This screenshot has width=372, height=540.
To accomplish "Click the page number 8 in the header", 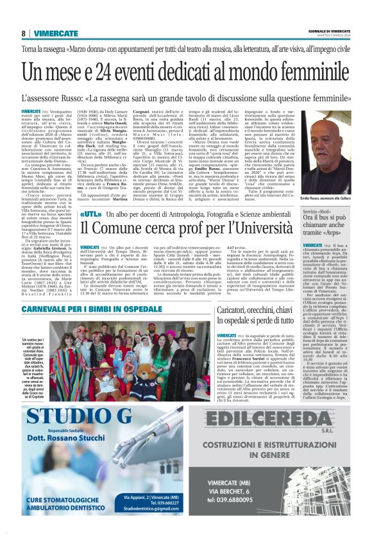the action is click(x=23, y=33).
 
